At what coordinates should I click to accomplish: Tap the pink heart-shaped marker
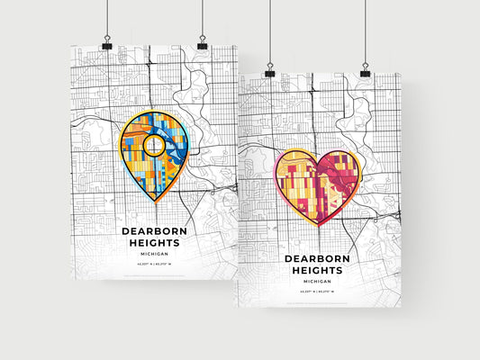click(x=318, y=184)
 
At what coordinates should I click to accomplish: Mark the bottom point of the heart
click(x=318, y=226)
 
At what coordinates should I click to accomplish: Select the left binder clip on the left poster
click(x=107, y=44)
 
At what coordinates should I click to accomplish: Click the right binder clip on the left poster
click(x=202, y=44)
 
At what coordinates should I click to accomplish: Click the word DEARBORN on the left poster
click(x=154, y=231)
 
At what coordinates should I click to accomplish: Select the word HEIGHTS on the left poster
click(x=154, y=243)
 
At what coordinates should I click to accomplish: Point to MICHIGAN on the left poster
click(x=154, y=254)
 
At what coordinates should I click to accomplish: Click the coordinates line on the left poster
click(x=154, y=264)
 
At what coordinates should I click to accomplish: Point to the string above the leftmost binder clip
click(x=107, y=18)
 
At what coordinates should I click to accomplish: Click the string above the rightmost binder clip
click(x=365, y=31)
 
